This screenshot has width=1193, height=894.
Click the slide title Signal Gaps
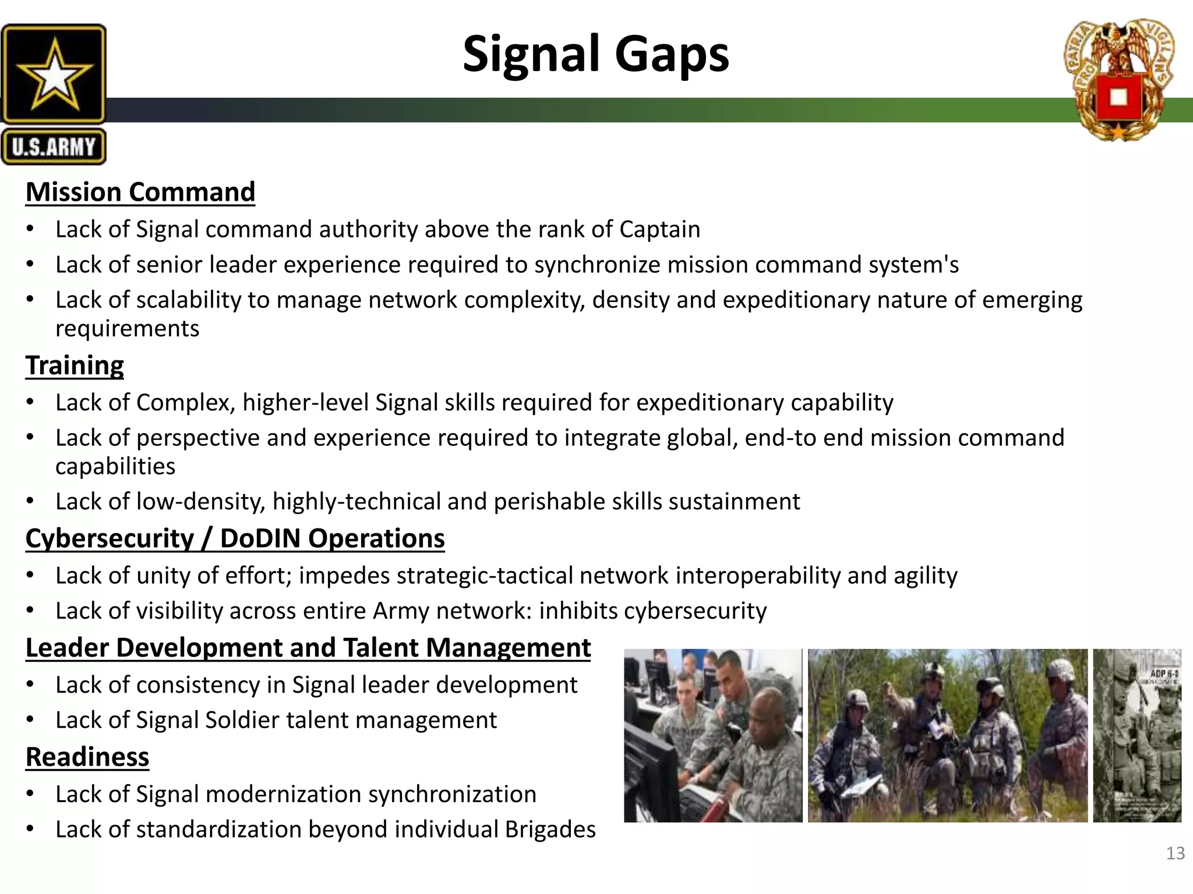[595, 54]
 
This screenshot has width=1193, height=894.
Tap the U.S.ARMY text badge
[54, 147]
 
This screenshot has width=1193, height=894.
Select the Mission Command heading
[140, 192]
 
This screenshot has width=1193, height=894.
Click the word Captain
[659, 229]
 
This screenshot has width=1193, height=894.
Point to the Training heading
[75, 366]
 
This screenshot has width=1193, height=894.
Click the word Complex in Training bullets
[185, 403]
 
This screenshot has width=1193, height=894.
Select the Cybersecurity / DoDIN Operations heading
[235, 538]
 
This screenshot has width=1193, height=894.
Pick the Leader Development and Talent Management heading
[308, 648]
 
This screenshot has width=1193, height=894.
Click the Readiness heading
[87, 757]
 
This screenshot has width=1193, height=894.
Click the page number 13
[1175, 853]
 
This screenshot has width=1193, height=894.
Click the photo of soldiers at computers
[712, 735]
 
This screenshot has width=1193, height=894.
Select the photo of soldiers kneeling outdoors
[947, 735]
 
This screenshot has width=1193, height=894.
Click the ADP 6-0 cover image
[1136, 735]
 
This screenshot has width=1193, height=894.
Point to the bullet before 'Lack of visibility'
[30, 611]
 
